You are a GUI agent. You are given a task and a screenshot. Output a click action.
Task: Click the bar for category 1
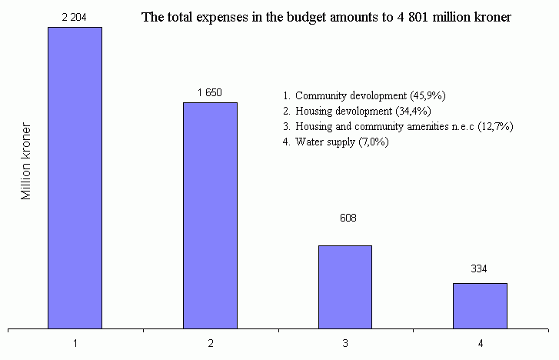(x=75, y=178)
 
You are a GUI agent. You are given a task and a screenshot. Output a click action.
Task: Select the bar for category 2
(x=210, y=215)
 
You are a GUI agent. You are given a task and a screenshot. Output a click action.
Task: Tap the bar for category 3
(x=344, y=287)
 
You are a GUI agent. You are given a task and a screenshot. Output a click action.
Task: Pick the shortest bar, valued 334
(x=480, y=305)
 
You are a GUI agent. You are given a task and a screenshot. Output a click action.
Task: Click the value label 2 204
(x=75, y=16)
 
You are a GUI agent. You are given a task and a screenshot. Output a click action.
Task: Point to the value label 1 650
(x=210, y=92)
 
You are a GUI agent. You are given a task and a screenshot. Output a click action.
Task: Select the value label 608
(x=348, y=218)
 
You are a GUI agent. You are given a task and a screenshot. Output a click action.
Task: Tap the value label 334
(x=479, y=268)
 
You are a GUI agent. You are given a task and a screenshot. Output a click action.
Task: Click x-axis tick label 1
(x=75, y=344)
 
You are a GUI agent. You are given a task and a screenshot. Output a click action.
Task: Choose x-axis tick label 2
(x=210, y=344)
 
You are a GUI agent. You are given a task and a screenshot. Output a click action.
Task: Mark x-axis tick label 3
(x=344, y=344)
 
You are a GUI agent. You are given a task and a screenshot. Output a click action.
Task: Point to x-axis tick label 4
(x=480, y=344)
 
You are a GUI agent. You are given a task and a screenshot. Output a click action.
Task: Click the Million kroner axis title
(x=27, y=162)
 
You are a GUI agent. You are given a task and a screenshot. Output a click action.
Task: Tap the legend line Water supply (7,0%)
(x=336, y=142)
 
